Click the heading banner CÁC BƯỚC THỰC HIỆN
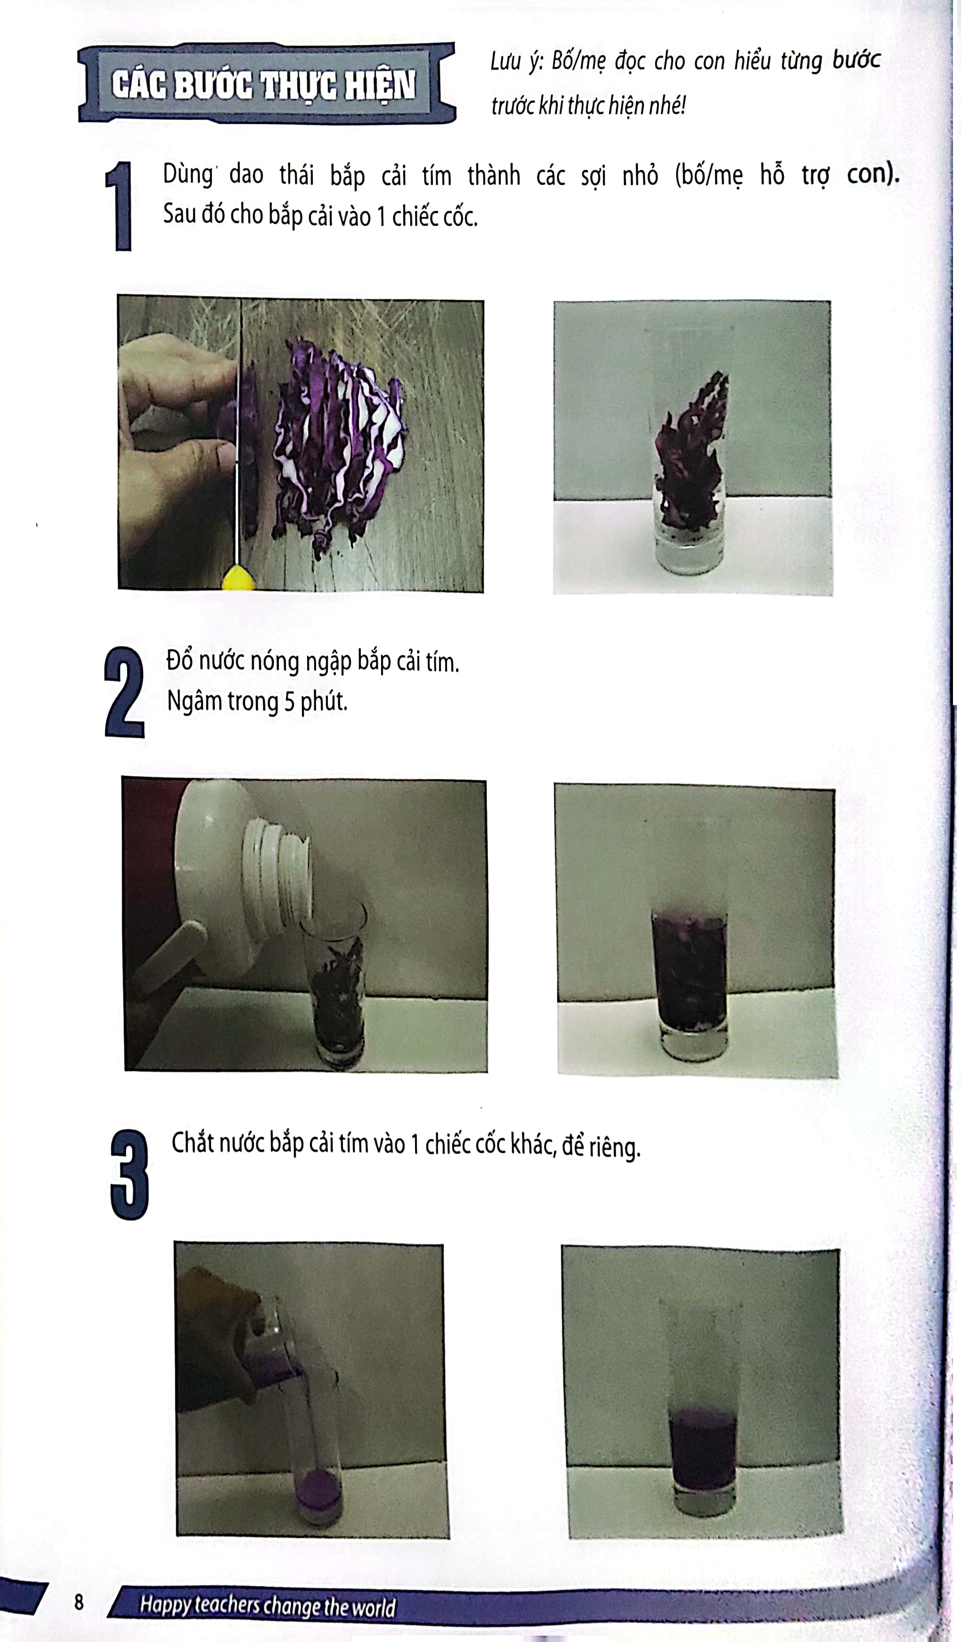pos(267,83)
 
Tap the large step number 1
pos(119,206)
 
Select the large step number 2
pos(124,692)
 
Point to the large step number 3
pos(130,1174)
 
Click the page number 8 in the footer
pos(79,1602)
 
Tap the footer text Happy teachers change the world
pos(268,1606)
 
